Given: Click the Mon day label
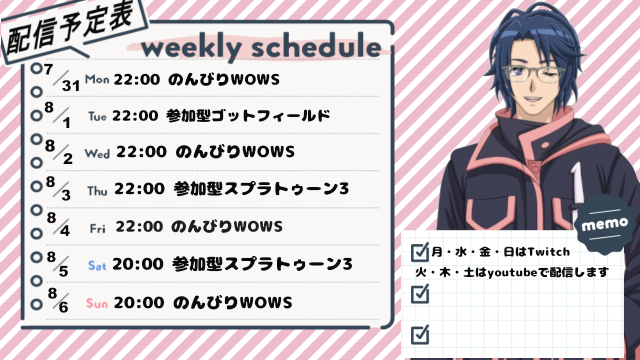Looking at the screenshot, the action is click(x=97, y=79).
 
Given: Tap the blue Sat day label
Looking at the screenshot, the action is click(x=97, y=265).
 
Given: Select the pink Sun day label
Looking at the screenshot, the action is click(x=97, y=303).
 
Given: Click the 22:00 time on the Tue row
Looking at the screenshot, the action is click(x=135, y=115).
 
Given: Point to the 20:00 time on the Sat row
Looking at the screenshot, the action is click(x=137, y=263).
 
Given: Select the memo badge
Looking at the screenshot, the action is click(x=605, y=225).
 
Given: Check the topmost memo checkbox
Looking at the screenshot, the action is click(x=420, y=252).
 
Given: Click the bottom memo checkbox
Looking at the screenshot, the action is click(x=420, y=334).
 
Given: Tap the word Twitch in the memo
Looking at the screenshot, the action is click(x=548, y=252).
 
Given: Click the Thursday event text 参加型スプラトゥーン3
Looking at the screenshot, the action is click(x=261, y=189).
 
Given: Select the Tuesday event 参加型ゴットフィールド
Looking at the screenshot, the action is click(x=248, y=115).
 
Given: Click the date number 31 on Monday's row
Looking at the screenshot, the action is click(x=70, y=85).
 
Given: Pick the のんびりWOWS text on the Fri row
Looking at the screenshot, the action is click(x=227, y=226).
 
